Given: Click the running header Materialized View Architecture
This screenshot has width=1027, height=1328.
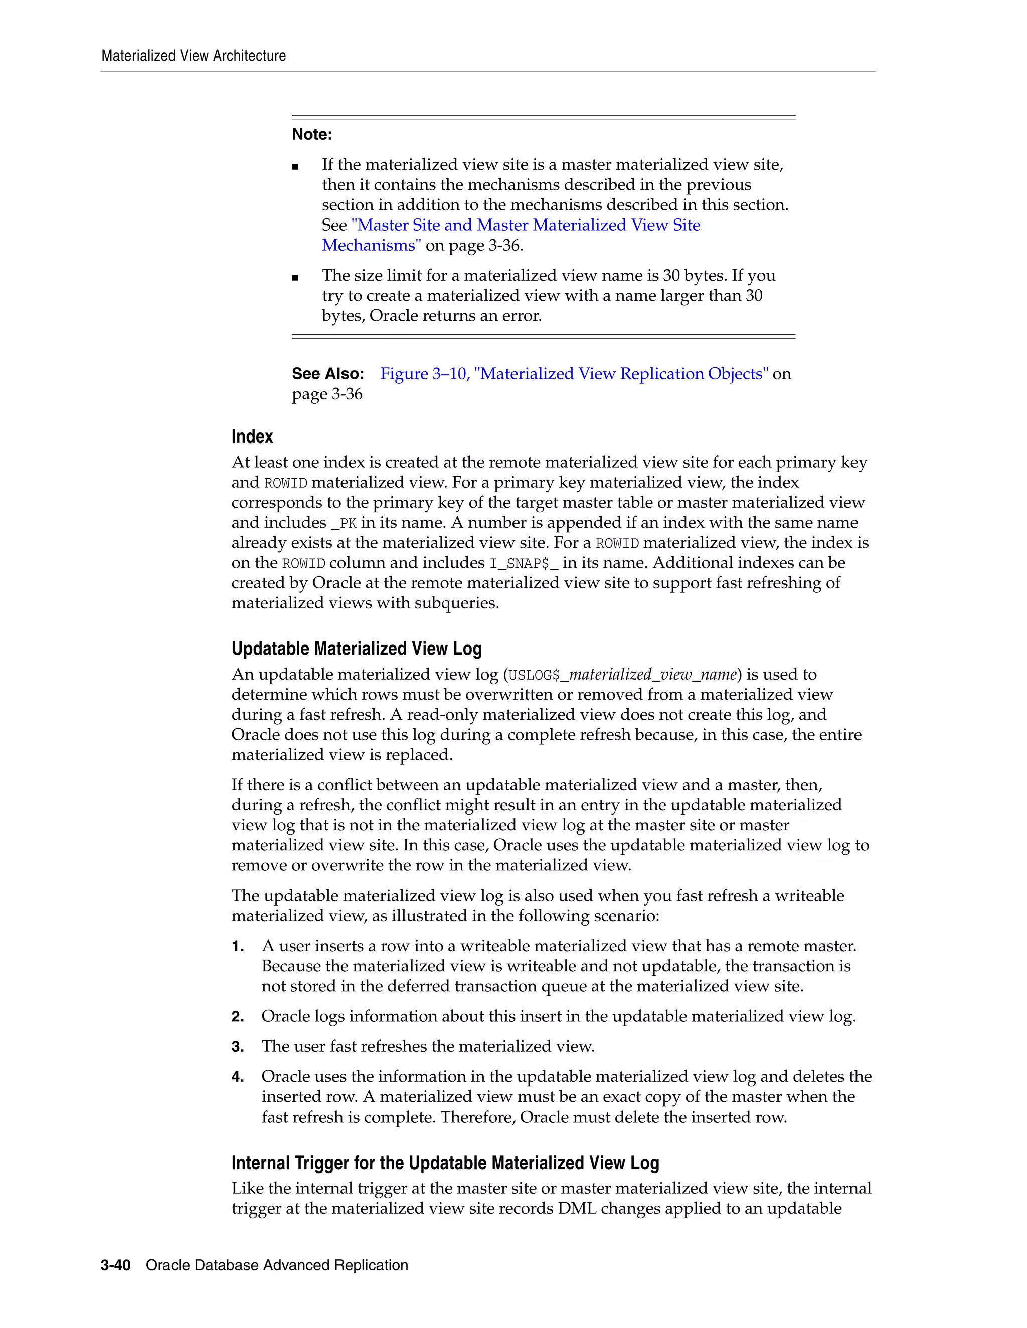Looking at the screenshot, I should [x=194, y=56].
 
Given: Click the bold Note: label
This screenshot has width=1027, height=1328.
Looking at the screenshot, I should [x=311, y=134].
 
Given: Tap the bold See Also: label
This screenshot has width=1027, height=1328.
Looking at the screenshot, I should [x=327, y=373].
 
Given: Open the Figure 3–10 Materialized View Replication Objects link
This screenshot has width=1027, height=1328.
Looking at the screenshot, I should [x=574, y=373].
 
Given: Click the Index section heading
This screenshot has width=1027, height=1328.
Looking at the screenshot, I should [x=252, y=436].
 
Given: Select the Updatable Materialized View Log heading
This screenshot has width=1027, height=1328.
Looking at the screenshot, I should [x=357, y=649].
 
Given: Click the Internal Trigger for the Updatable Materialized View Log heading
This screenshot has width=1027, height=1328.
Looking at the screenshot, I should [x=445, y=1163].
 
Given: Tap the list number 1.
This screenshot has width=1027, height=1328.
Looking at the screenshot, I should [x=237, y=946].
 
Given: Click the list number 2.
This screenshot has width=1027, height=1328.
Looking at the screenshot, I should [x=237, y=1017].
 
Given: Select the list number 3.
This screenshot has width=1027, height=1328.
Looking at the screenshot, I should [x=237, y=1047].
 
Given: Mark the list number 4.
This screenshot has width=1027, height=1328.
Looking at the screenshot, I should [x=237, y=1077].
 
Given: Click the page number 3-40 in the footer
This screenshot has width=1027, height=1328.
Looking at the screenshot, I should [x=116, y=1265].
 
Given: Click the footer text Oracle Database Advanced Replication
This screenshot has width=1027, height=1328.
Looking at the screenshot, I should [x=277, y=1265].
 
